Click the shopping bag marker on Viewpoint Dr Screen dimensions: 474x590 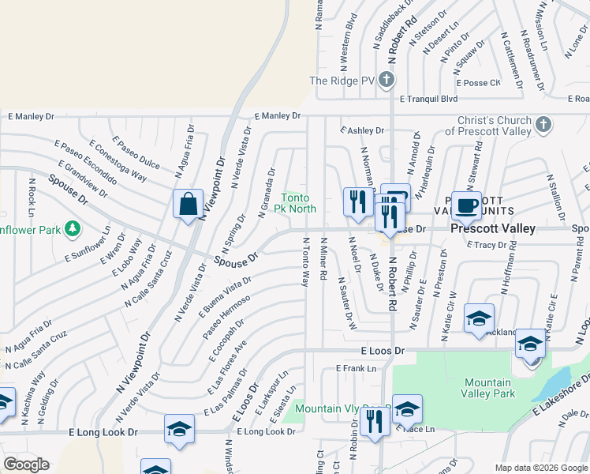click(189, 205)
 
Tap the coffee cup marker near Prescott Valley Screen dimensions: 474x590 click(466, 205)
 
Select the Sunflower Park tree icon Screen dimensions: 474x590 click(73, 228)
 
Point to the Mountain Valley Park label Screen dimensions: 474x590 click(487, 387)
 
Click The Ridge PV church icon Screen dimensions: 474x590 click(386, 80)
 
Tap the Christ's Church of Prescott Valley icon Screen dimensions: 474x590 click(543, 125)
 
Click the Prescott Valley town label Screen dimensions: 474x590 click(493, 228)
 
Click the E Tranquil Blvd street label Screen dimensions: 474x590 click(428, 100)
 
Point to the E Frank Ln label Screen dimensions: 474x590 click(356, 368)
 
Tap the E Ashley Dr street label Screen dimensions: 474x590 click(362, 130)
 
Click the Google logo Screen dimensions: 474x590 click(26, 465)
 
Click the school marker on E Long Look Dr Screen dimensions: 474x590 click(179, 430)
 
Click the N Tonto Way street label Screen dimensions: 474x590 click(305, 261)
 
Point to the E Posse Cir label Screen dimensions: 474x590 click(478, 82)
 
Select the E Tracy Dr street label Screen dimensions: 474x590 click(486, 245)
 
